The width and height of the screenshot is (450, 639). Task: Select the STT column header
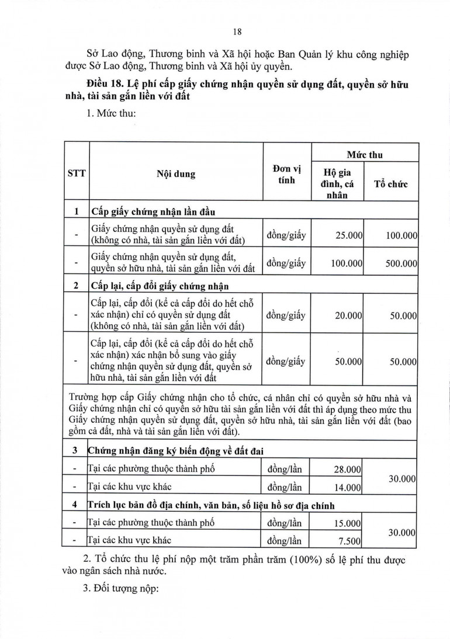76,174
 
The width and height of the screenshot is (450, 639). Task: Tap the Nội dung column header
176,174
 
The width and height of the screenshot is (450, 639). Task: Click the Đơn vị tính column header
286,174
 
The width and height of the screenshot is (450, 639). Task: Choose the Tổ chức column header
391,184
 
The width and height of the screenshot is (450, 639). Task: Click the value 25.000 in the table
349,235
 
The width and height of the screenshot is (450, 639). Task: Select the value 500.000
401,263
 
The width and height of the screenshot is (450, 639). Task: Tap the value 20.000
349,315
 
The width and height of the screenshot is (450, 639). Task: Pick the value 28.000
349,469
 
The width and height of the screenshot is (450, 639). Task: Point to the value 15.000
349,523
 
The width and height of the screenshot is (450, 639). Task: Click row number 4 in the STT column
75,505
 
